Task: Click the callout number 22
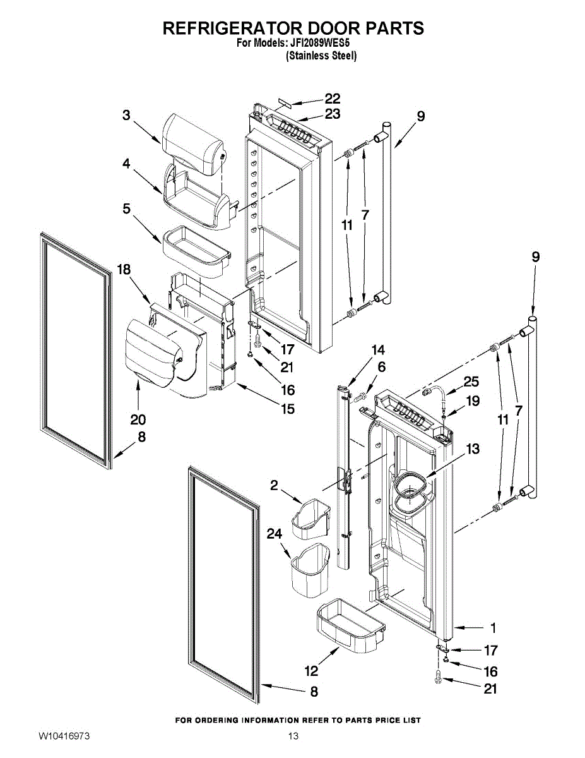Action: [333, 99]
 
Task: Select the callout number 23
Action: [333, 114]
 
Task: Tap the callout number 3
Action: [126, 115]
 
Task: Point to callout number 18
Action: [124, 270]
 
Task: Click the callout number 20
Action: [138, 419]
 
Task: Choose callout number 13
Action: [473, 449]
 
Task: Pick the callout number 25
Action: [471, 382]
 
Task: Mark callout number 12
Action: [311, 671]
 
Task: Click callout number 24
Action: [274, 534]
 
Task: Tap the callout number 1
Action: [493, 628]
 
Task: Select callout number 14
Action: [377, 350]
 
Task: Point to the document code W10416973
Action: [64, 736]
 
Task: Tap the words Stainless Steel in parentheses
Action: [321, 56]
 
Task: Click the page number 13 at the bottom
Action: [292, 736]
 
